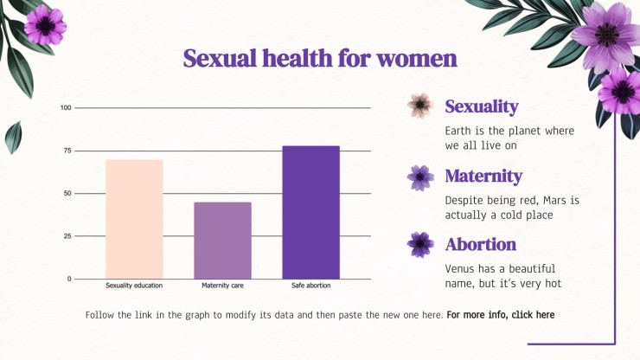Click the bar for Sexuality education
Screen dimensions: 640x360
[x=134, y=219]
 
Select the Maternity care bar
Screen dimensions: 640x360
[x=222, y=241]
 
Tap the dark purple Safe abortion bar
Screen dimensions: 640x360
[x=311, y=213]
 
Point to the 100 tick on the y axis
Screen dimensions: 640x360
[x=66, y=108]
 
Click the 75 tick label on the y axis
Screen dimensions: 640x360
[x=67, y=151]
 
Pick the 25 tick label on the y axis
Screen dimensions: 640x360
[x=67, y=236]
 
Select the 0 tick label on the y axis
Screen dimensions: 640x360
[x=69, y=279]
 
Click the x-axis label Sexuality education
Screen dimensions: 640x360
[x=134, y=286]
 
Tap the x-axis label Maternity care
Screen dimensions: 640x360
[x=222, y=286]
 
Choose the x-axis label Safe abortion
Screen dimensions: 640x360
[x=311, y=286]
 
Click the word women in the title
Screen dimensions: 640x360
[x=417, y=59]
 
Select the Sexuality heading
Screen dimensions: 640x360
[x=482, y=106]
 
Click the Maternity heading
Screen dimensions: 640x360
[x=483, y=177]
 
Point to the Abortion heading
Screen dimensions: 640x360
[x=481, y=244]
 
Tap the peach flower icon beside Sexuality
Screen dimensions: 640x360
[x=420, y=106]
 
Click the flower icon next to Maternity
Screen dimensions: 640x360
[x=420, y=177]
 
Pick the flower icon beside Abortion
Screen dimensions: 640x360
[x=420, y=244]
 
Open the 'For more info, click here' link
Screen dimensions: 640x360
[x=501, y=315]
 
